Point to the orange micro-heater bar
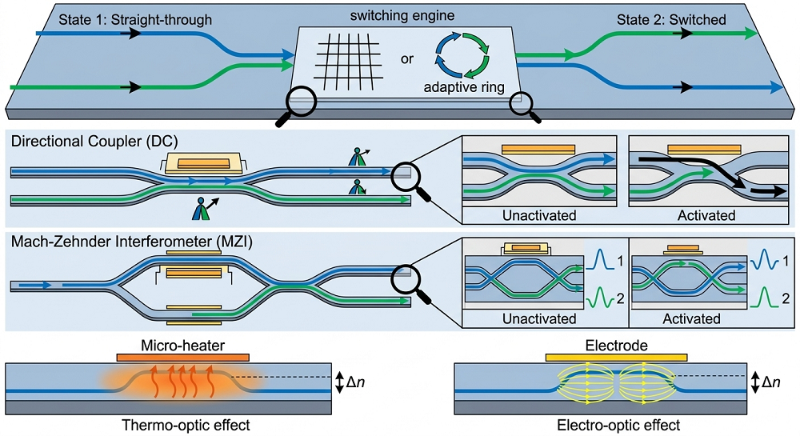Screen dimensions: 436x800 [182, 356]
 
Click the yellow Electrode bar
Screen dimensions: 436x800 [615, 357]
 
